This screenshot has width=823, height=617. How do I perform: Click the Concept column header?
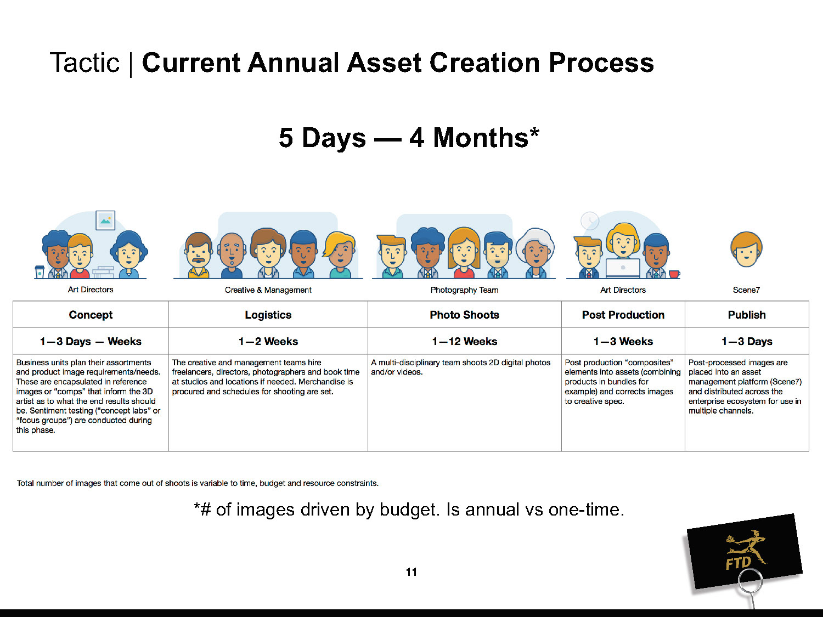point(91,315)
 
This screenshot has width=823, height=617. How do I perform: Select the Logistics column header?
point(268,315)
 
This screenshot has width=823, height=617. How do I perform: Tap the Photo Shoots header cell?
point(465,315)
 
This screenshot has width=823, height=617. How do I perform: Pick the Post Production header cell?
point(623,315)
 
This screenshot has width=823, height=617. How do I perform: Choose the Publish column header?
point(747,315)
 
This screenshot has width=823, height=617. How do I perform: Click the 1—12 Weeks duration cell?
point(465,341)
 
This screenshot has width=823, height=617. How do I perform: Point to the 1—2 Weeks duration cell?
point(268,341)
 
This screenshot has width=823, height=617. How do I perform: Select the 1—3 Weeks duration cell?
point(623,341)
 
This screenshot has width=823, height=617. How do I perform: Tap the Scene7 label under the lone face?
point(746,290)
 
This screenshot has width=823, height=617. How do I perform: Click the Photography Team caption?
point(464,290)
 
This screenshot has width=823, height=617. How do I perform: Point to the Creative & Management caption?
point(268,290)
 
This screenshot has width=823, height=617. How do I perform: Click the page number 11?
point(411,572)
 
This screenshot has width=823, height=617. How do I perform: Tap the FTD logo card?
point(744,552)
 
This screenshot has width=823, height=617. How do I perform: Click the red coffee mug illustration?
point(674,274)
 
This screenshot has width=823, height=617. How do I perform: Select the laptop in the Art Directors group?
point(623,268)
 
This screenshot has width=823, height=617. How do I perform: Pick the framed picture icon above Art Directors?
point(105,220)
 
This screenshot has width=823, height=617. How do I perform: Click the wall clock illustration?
point(589,220)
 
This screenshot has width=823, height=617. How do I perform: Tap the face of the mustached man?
point(199,252)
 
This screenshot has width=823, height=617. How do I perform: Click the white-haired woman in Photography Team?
point(536,253)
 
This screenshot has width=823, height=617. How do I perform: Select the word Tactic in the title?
point(84,63)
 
